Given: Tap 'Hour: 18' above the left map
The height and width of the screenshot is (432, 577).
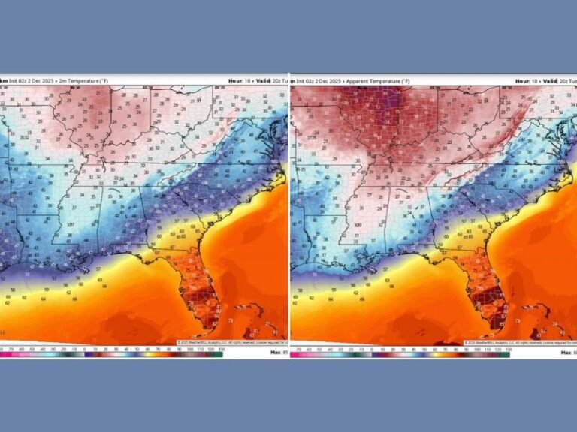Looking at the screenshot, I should pyautogui.click(x=237, y=80).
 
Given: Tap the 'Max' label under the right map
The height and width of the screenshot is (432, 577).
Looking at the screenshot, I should pyautogui.click(x=565, y=352).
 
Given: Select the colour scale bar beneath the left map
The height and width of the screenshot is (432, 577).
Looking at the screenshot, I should pyautogui.click(x=113, y=354).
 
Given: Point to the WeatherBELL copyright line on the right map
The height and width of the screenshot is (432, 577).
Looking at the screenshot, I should pyautogui.click(x=518, y=342).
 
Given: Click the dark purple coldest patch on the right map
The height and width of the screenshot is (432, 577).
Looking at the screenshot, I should pyautogui.click(x=391, y=97).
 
